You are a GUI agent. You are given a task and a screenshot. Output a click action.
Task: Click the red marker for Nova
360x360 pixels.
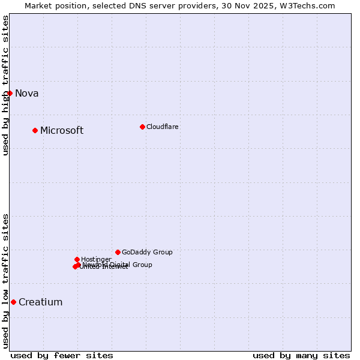click(x=10, y=93)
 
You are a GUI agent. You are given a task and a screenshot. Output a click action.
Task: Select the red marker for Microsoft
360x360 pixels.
click(x=35, y=130)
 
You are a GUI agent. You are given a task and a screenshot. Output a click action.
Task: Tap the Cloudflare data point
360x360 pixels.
click(x=142, y=127)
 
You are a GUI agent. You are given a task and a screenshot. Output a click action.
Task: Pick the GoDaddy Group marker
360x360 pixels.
click(x=118, y=252)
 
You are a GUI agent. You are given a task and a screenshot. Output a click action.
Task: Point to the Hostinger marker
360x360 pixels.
click(x=77, y=259)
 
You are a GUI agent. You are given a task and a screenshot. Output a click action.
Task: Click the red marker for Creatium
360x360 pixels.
click(x=13, y=302)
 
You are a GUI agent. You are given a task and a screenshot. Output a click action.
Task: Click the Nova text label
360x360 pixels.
click(x=27, y=93)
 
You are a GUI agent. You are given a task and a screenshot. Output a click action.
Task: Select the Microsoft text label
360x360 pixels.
click(x=62, y=131)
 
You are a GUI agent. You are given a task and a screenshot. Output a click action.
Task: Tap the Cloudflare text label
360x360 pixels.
click(x=163, y=127)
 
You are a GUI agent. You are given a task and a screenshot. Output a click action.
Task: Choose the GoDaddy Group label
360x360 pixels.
click(x=147, y=252)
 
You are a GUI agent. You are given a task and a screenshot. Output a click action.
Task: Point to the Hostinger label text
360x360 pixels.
click(x=96, y=259)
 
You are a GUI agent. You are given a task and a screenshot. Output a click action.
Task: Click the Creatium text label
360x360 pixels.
click(x=41, y=302)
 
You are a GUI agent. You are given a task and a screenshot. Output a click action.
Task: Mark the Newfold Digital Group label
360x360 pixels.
click(x=118, y=265)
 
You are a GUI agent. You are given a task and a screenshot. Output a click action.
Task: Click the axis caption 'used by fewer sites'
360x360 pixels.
click(x=62, y=355)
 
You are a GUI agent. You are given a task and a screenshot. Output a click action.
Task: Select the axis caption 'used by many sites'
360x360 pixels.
click(x=301, y=355)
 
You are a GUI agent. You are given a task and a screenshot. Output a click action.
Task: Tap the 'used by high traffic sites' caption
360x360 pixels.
click(x=5, y=85)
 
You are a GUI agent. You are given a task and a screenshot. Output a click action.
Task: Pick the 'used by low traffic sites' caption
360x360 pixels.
click(x=5, y=281)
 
